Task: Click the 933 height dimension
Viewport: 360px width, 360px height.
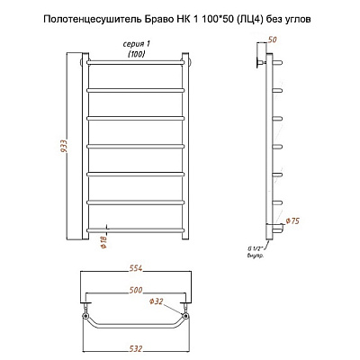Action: pyautogui.click(x=65, y=147)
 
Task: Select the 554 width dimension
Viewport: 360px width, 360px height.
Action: pyautogui.click(x=135, y=268)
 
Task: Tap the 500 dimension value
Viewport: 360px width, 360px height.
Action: pyautogui.click(x=136, y=291)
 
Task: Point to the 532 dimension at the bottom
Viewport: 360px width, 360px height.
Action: pyautogui.click(x=135, y=348)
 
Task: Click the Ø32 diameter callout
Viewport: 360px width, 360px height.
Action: pyautogui.click(x=157, y=301)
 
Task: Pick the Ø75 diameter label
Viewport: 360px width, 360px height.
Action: pyautogui.click(x=292, y=221)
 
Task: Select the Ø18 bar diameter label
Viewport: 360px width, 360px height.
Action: pyautogui.click(x=104, y=241)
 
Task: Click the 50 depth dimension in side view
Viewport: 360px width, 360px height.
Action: pyautogui.click(x=272, y=40)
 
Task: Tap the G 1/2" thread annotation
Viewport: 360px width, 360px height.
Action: pyautogui.click(x=256, y=248)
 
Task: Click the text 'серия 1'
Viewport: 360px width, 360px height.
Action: pyautogui.click(x=137, y=44)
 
